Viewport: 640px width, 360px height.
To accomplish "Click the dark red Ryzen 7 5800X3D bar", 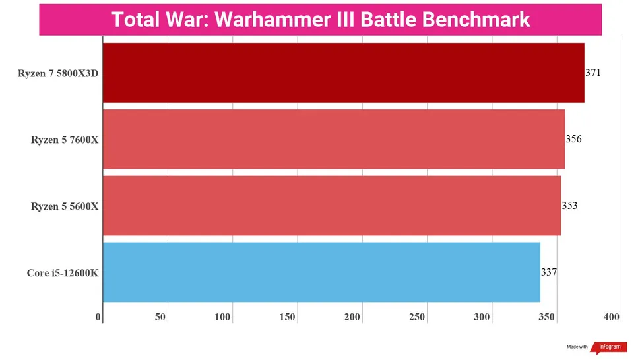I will pyautogui.click(x=343, y=73).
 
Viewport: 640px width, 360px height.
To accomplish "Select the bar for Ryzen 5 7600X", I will pyautogui.click(x=334, y=139).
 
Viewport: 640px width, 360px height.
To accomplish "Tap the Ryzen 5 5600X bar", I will pyautogui.click(x=332, y=205).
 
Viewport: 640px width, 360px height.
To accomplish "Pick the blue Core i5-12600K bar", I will pyautogui.click(x=321, y=272).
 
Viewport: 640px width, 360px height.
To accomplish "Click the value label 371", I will pyautogui.click(x=593, y=73).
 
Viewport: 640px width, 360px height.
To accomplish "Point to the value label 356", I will pyautogui.click(x=573, y=139).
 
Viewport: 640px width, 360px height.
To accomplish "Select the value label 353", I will pyautogui.click(x=569, y=205).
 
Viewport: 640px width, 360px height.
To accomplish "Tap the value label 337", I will pyautogui.click(x=549, y=272).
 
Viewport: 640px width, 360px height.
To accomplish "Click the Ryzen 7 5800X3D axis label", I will pyautogui.click(x=58, y=73).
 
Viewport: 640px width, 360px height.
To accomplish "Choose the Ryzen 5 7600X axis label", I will pyautogui.click(x=65, y=140).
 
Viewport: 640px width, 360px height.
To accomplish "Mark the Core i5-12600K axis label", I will pyautogui.click(x=63, y=272).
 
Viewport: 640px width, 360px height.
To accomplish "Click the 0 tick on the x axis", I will pyautogui.click(x=98, y=317).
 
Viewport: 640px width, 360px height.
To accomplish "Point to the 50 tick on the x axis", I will pyautogui.click(x=160, y=317).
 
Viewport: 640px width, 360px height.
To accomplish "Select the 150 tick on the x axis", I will pyautogui.click(x=287, y=317).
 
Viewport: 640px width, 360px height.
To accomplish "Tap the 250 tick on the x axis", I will pyautogui.click(x=417, y=317).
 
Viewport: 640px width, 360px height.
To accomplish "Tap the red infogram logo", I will pyautogui.click(x=609, y=347).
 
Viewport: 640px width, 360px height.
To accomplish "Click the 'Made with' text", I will pyautogui.click(x=577, y=347).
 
